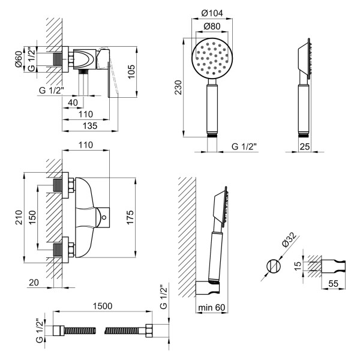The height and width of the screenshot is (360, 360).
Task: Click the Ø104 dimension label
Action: pyautogui.click(x=212, y=13)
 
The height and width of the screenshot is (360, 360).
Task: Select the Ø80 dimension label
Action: pyautogui.click(x=212, y=26)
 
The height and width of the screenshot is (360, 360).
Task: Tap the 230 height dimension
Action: pyautogui.click(x=178, y=88)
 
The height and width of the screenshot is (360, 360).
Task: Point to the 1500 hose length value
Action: pyautogui.click(x=103, y=306)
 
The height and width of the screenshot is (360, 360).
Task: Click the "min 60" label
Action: pyautogui.click(x=212, y=307)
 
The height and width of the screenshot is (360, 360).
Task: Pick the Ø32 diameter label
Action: pyautogui.click(x=290, y=240)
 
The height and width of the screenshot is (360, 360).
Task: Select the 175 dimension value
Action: pyautogui.click(x=130, y=217)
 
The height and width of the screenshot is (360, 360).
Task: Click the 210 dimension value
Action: pyautogui.click(x=19, y=217)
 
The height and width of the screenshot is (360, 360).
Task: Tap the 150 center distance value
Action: pyautogui.click(x=32, y=217)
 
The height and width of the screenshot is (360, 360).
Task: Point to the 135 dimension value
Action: pyautogui.click(x=90, y=125)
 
